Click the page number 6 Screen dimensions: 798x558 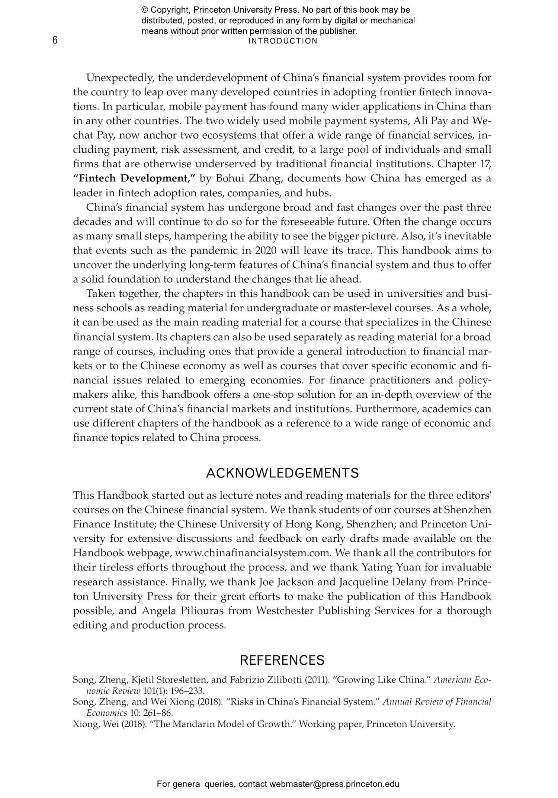pos(55,40)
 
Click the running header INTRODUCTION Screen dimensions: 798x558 pos(283,41)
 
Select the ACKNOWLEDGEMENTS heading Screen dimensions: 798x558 pos(282,473)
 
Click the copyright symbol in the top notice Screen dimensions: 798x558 pos(144,10)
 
